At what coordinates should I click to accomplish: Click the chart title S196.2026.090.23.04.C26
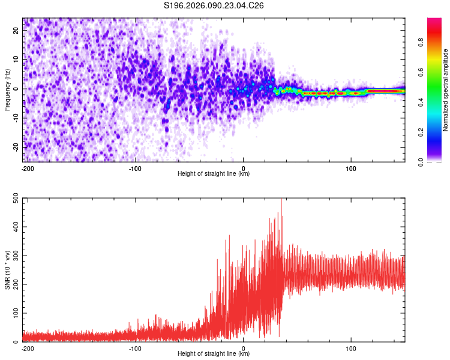214,6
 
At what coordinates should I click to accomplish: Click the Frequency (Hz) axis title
8,90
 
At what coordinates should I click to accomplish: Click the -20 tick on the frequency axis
16,147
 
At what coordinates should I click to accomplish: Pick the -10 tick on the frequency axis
16,118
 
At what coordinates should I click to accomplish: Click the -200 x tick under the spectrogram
26,168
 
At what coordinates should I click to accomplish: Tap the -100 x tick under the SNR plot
134,348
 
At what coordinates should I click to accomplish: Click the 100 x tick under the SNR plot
351,348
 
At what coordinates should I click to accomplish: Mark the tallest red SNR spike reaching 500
281,200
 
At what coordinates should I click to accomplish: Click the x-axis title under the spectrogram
214,174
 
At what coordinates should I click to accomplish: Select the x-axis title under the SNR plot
214,354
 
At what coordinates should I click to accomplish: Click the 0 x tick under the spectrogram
243,168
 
